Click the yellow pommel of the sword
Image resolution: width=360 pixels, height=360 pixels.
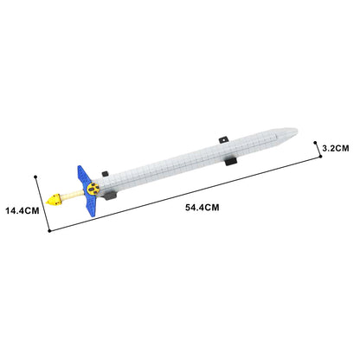pos(54,200)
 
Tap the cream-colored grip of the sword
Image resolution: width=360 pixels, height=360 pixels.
pos(72,196)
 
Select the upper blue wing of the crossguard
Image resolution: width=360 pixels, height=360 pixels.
pos(83,176)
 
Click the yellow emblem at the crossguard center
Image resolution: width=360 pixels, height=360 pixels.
pos(93,189)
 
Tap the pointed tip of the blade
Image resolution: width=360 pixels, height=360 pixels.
pos(297,131)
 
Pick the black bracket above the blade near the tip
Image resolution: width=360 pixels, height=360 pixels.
pos(223,140)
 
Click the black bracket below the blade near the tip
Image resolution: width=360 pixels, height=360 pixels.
pos(231,161)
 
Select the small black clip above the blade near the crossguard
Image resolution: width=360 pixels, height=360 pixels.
pos(105,174)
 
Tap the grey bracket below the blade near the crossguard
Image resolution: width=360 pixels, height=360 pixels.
pos(110,196)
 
